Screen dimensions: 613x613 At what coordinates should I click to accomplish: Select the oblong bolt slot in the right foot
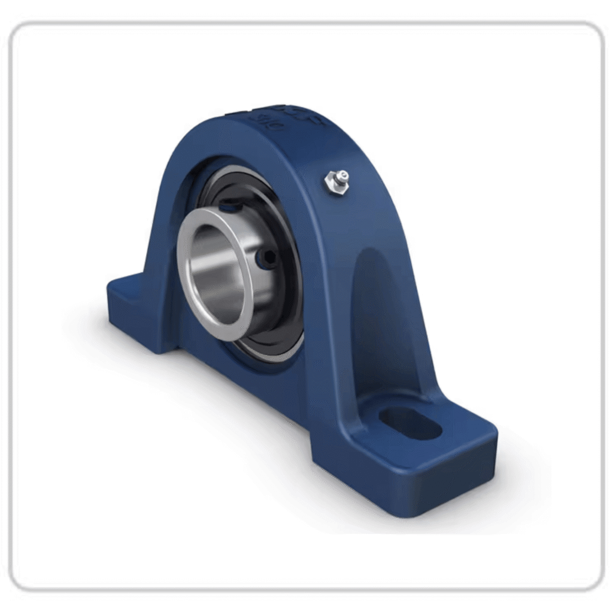[410, 423]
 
